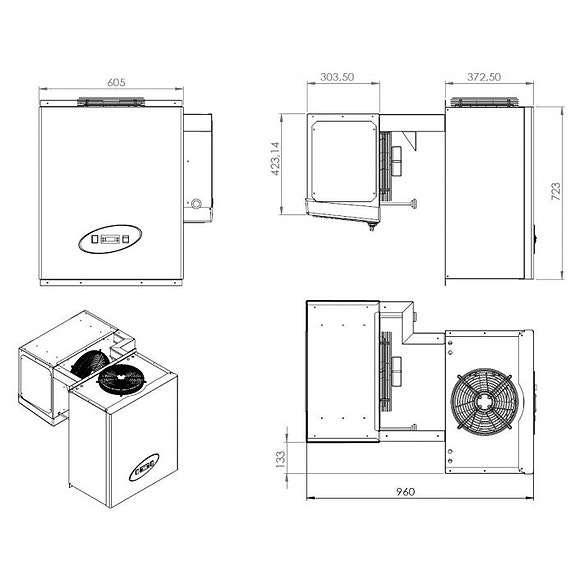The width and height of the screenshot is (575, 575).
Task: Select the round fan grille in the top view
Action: (x=484, y=399)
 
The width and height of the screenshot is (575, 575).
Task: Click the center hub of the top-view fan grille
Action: (x=484, y=399)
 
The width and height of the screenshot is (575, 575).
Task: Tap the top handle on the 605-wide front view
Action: (x=113, y=101)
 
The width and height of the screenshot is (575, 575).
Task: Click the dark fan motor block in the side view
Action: (x=396, y=160)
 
